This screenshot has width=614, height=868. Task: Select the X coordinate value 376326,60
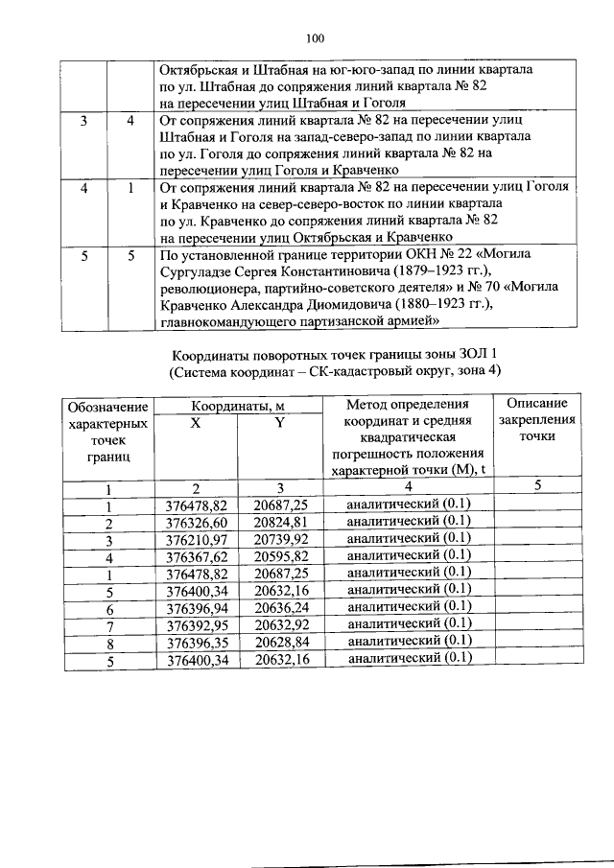[196, 523]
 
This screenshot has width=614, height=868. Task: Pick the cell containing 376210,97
[196, 540]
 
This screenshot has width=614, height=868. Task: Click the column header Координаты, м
[238, 406]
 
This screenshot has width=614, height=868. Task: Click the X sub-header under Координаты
[196, 422]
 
